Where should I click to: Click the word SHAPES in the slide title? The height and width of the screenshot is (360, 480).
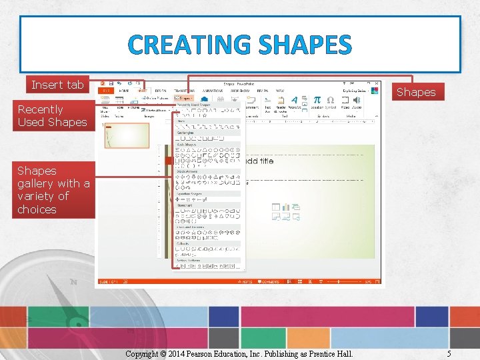click(305, 45)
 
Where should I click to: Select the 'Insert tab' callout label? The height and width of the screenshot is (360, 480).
click(57, 85)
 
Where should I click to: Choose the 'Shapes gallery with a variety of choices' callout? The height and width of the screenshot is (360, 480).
click(53, 190)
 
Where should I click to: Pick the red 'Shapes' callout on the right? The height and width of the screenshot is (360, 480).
click(415, 92)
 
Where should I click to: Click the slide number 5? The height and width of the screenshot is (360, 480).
click(449, 353)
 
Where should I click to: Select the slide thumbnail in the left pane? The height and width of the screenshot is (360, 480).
click(127, 135)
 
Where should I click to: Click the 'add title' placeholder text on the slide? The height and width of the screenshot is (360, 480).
click(259, 161)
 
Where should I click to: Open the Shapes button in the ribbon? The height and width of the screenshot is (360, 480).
click(183, 98)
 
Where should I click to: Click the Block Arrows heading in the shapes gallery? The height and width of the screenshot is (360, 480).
click(187, 171)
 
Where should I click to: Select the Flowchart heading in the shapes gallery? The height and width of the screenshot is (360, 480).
click(185, 205)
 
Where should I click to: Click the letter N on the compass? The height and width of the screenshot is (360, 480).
click(73, 282)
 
